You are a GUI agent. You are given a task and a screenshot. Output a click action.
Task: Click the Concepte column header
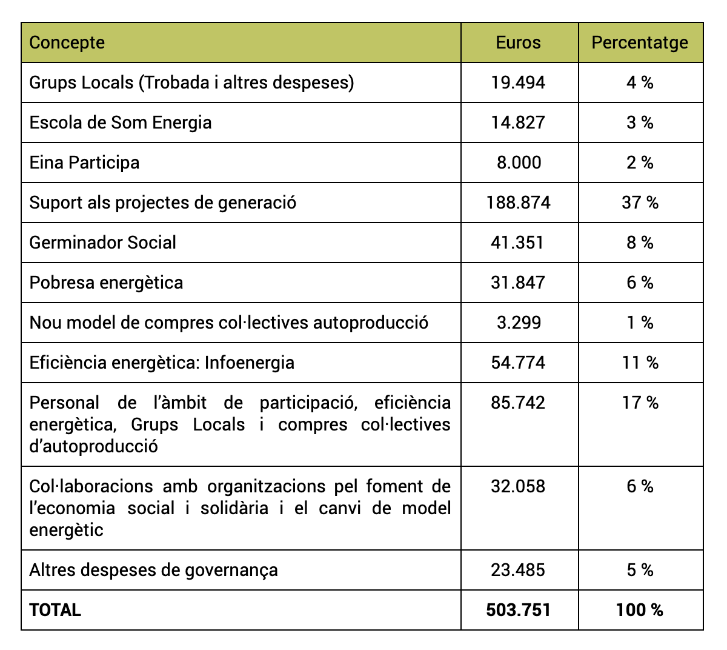[67, 43]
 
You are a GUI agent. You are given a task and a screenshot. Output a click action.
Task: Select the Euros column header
[518, 42]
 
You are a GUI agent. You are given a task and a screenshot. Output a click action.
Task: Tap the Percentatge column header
[639, 43]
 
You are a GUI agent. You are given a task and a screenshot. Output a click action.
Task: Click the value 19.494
[518, 82]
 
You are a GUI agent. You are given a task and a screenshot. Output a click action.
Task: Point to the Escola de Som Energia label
[121, 123]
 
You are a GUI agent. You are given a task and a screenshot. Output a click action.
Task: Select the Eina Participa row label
[84, 163]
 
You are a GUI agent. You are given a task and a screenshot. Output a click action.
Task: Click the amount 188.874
[518, 203]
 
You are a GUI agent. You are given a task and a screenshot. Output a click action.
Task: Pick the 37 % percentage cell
[640, 203]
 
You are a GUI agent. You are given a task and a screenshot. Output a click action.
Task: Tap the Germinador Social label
[102, 243]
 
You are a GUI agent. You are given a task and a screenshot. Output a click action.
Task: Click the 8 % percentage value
[640, 243]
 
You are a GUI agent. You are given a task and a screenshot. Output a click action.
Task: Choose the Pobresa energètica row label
[106, 283]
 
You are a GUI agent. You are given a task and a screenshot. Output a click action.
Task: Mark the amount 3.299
[519, 323]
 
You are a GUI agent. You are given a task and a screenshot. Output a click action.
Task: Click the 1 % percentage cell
[640, 323]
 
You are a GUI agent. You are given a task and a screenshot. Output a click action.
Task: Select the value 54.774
[518, 363]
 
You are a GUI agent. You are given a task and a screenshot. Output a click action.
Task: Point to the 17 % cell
[640, 403]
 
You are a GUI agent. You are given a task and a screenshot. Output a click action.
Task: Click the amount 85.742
[518, 403]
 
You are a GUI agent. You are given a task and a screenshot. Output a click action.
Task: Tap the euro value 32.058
[518, 486]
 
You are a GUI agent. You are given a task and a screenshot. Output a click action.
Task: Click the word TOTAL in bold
[55, 610]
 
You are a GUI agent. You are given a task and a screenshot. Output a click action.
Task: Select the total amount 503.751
[518, 610]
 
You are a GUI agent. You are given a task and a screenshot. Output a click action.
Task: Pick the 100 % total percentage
[639, 610]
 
